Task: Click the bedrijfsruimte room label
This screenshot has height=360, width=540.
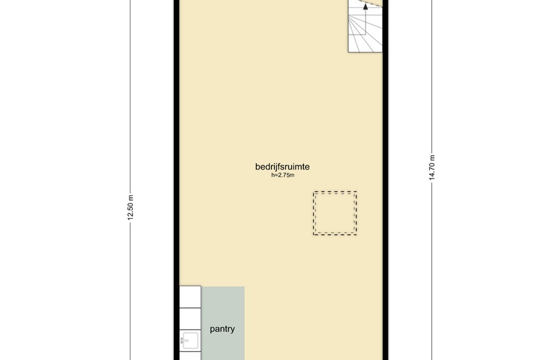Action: [282, 166]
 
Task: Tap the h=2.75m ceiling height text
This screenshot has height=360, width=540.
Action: [282, 176]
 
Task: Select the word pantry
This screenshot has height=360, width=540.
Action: [222, 329]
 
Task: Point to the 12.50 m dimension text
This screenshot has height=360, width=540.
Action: [130, 207]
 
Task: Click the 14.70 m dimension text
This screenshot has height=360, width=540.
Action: [432, 167]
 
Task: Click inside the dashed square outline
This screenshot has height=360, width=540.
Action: [335, 213]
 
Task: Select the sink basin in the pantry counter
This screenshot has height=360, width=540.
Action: [190, 341]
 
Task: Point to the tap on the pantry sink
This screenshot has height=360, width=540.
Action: [183, 341]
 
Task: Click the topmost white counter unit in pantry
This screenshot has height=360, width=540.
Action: [190, 296]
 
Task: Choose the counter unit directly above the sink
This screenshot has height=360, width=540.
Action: [190, 318]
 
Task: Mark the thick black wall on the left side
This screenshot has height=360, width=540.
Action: [177, 173]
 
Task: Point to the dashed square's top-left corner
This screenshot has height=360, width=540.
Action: [314, 192]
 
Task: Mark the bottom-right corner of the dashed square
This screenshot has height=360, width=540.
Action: [357, 235]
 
